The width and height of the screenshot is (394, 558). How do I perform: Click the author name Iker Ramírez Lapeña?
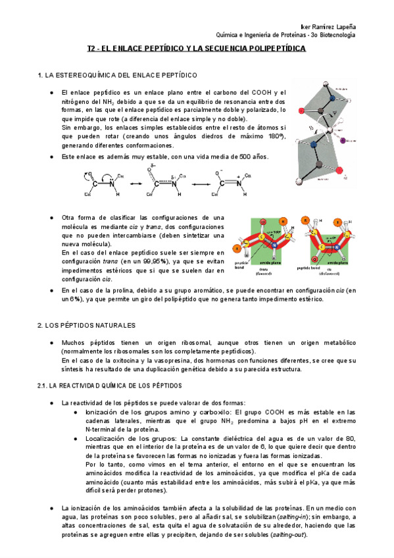328,25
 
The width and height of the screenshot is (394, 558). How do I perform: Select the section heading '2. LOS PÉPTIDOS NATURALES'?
86,325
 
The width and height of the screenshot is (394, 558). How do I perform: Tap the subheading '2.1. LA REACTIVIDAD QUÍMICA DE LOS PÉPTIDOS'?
110,385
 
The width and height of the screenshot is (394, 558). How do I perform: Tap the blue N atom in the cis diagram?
332,241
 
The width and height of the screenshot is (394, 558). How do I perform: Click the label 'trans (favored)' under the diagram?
264,270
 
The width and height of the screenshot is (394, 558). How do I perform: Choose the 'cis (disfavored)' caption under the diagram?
341,270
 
